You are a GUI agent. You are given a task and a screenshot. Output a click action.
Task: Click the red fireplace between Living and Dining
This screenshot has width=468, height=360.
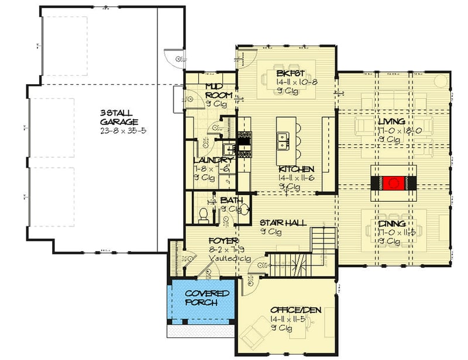(394, 184)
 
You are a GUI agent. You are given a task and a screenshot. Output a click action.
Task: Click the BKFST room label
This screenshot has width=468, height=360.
(288, 73)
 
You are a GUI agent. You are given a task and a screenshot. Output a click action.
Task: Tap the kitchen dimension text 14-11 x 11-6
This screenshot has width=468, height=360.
(298, 178)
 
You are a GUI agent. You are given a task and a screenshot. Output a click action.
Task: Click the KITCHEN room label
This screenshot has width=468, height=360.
(298, 169)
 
